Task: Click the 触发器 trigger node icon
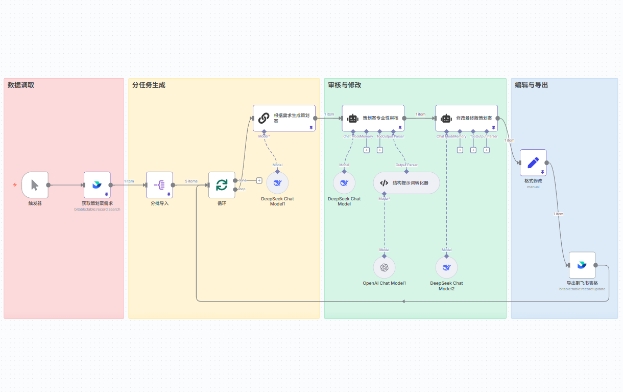35,185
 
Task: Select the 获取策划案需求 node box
97,185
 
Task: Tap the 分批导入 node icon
159,185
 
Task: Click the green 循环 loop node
222,185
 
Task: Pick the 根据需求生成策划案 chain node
284,118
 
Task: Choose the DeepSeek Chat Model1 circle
277,182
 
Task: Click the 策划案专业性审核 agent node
373,118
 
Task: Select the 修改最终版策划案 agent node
467,118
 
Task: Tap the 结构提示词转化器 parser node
406,182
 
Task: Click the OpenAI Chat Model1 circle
384,267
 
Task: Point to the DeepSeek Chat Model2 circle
446,267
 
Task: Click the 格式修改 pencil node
533,163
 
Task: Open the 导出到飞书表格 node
582,265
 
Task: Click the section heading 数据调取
21,85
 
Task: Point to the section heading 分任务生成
149,85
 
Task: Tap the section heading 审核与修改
345,85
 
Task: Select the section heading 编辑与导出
531,85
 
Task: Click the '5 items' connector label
191,181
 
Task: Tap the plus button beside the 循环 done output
259,180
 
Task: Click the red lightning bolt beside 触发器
15,185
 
